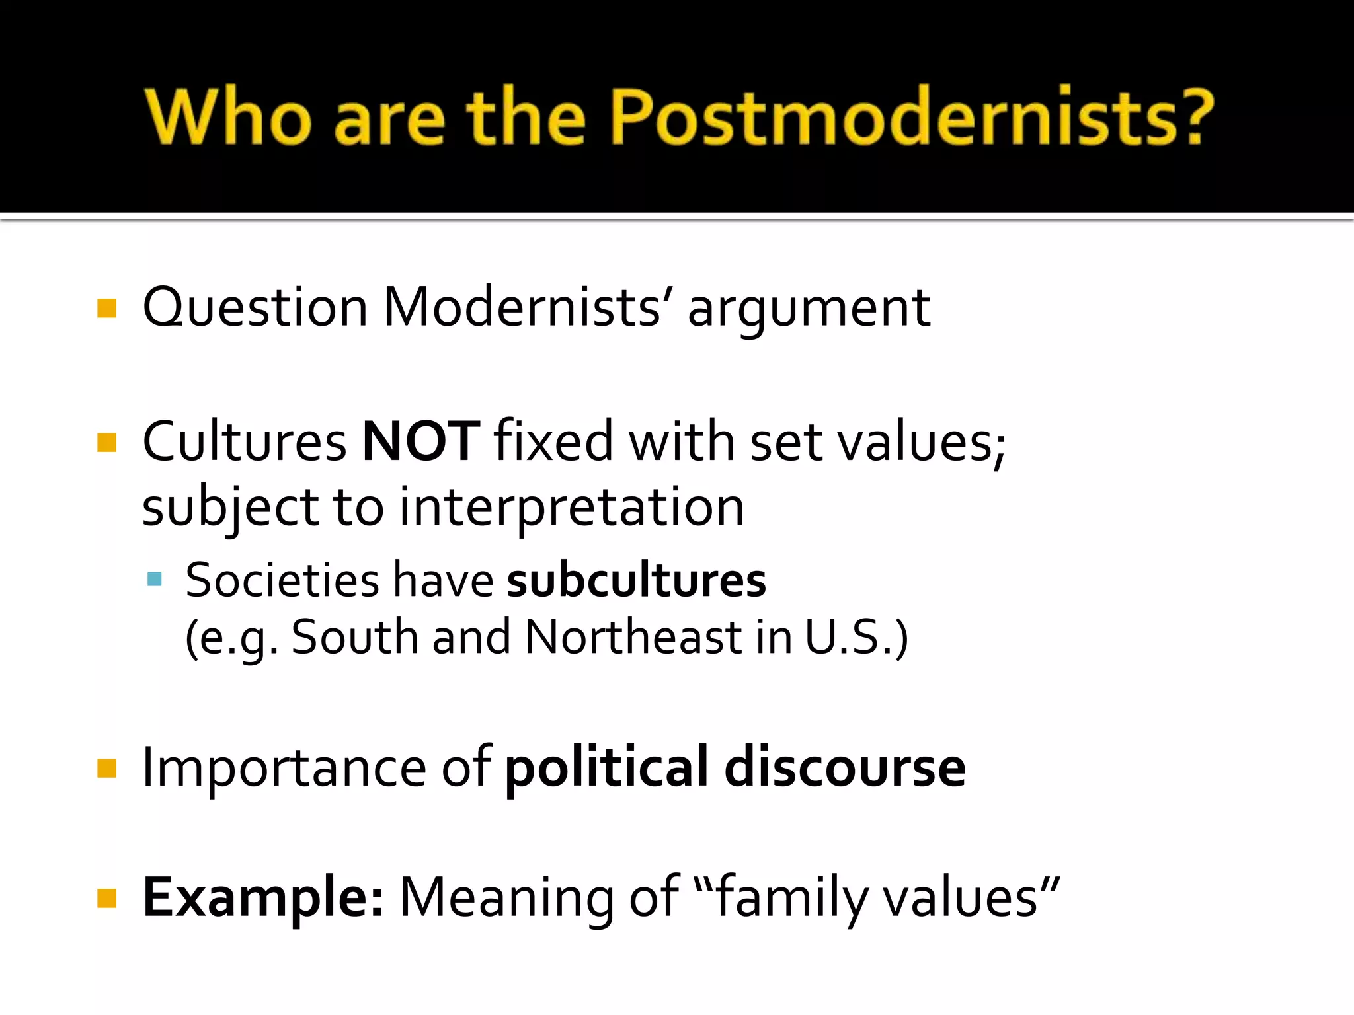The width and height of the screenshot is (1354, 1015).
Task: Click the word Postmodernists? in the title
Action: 912,117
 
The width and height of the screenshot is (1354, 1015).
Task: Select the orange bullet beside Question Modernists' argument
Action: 106,309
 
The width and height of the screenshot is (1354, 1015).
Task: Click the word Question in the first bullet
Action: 255,308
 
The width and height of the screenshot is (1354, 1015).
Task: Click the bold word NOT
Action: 420,441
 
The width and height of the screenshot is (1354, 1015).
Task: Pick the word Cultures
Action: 244,441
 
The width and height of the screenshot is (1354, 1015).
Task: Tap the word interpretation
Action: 572,508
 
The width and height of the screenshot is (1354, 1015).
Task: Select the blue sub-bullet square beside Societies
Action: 155,580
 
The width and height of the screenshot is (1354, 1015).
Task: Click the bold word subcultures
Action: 636,580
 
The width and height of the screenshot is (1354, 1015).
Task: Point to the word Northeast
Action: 633,637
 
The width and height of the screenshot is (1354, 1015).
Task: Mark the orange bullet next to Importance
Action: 106,769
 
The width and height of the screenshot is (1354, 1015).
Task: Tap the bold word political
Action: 606,768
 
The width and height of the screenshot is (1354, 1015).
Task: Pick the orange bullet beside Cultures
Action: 106,442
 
